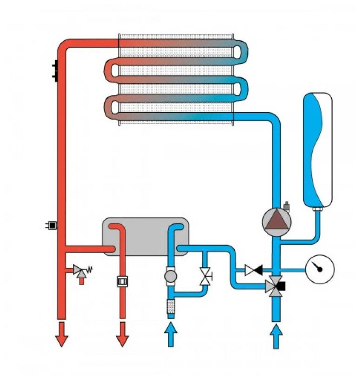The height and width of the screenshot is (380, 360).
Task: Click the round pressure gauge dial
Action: pos(320,269)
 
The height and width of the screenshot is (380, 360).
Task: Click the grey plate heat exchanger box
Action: pos(145,236)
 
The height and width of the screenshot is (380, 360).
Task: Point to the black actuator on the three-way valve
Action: pos(282,286)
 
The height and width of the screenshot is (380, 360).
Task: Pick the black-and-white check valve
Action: pos(254,269)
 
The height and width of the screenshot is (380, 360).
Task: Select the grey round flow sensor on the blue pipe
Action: pos(171,277)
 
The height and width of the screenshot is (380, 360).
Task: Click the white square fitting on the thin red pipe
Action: pos(122,281)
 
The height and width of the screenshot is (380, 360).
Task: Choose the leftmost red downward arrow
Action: pos(61,334)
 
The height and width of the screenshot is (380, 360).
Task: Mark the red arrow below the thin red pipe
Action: pos(122,334)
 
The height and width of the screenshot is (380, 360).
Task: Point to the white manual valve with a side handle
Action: pos(204,277)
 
